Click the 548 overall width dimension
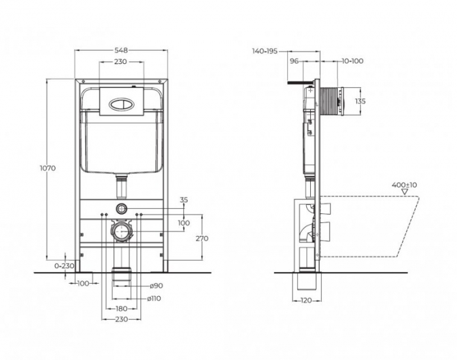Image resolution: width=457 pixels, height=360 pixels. pyautogui.click(x=121, y=50)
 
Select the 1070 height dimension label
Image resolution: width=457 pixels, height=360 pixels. pyautogui.click(x=48, y=168)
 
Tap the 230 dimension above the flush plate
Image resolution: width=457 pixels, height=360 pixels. pyautogui.click(x=121, y=62)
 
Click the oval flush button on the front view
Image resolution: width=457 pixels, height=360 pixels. pyautogui.click(x=121, y=102)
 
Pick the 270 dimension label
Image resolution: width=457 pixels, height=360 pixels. pyautogui.click(x=202, y=238)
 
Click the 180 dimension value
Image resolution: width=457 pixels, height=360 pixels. pyautogui.click(x=121, y=308)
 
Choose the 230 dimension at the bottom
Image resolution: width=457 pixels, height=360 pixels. pyautogui.click(x=121, y=319)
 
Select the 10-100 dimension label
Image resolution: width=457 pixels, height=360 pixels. pyautogui.click(x=353, y=61)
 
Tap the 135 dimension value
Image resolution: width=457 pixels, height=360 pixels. pyautogui.click(x=360, y=101)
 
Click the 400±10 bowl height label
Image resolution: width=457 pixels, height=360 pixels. pyautogui.click(x=405, y=185)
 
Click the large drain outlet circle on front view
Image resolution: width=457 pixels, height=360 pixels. pyautogui.click(x=121, y=231)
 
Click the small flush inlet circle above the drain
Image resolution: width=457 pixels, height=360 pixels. pyautogui.click(x=121, y=209)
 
